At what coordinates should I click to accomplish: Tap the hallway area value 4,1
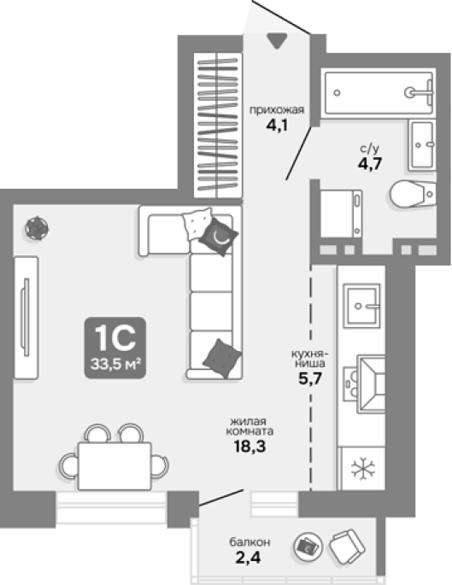277,125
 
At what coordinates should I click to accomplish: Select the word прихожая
277,110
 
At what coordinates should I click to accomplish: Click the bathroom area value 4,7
370,163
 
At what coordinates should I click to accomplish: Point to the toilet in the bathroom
413,194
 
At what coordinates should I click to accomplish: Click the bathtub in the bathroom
379,92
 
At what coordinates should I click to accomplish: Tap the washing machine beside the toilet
341,214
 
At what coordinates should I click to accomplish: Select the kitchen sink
361,306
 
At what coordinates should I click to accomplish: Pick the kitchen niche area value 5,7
310,378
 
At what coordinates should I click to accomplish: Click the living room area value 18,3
249,446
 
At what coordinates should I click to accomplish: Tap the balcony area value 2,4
248,558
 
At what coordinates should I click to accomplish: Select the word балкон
249,541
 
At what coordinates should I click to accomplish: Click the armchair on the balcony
347,547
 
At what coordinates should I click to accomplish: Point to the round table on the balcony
308,547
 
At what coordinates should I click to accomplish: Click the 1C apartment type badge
115,348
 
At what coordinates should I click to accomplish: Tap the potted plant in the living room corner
37,228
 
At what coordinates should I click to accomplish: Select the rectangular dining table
114,465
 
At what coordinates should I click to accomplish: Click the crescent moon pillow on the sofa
219,237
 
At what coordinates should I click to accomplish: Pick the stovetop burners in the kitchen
351,383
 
